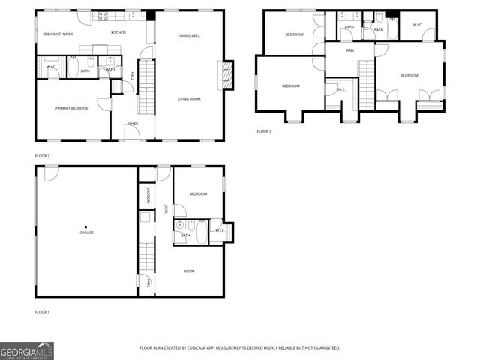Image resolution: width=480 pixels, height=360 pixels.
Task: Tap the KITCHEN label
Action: tap(118, 33)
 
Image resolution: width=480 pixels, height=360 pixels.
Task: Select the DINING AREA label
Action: tap(189, 36)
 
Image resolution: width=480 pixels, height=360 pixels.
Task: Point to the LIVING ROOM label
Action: tap(189, 99)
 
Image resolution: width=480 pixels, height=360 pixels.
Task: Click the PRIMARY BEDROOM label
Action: tap(72, 108)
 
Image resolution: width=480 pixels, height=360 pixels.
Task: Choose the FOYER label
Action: tap(132, 123)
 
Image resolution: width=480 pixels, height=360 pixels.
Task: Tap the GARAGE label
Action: tap(87, 232)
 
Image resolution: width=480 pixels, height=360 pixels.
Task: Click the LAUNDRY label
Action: tap(149, 196)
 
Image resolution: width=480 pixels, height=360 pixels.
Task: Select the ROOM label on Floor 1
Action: tap(189, 271)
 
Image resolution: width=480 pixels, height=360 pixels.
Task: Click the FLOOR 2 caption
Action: tap(42, 156)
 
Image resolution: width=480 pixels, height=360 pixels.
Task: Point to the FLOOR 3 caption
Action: tap(264, 131)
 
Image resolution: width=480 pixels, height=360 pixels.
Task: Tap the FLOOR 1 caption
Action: tap(42, 311)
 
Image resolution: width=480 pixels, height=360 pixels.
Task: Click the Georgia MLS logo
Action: tap(27, 350)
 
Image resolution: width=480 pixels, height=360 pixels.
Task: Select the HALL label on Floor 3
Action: tap(349, 51)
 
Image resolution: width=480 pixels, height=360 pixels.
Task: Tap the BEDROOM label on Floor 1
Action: tap(198, 193)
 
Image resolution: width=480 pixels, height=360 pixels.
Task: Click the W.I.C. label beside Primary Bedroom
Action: tap(51, 67)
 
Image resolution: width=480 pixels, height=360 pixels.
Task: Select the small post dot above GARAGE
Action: tap(85, 226)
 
